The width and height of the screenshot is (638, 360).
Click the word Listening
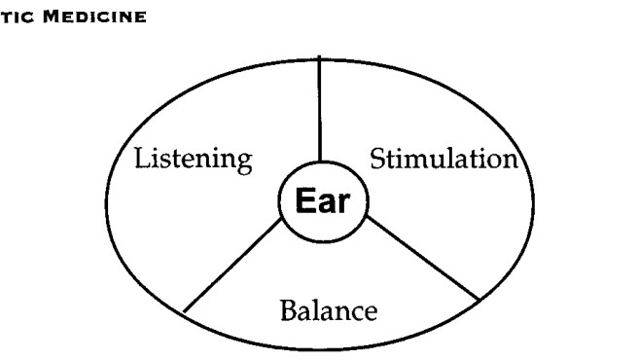point(194,161)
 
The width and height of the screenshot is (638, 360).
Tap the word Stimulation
point(443,159)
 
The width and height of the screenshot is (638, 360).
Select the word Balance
point(329,310)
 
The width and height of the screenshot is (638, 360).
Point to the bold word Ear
point(323,200)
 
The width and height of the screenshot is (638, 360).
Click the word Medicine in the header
point(94,17)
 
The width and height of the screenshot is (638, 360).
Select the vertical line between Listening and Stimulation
point(319,109)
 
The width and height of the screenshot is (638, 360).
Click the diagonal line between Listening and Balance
point(232,266)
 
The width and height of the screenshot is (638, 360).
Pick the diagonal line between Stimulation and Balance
point(423,259)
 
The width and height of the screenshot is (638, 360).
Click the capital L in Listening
point(143,158)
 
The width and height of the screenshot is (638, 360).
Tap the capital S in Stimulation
point(377,159)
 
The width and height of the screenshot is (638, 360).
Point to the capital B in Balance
point(289,310)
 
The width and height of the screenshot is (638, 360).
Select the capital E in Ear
point(304,200)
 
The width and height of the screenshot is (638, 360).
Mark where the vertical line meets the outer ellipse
point(319,60)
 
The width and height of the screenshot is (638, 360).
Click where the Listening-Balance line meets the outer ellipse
point(185,312)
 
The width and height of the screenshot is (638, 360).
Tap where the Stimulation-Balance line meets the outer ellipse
point(479,300)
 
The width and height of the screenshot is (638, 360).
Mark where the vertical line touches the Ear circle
point(320,162)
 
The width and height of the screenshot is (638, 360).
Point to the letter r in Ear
point(344,203)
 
